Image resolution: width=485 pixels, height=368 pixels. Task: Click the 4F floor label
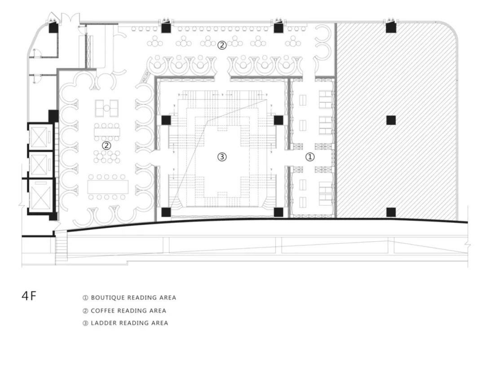tap(29, 296)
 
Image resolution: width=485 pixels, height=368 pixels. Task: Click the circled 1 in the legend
tap(85, 298)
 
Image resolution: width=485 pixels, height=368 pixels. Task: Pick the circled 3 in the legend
tap(85, 323)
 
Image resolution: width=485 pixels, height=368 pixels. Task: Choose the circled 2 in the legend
tap(85, 311)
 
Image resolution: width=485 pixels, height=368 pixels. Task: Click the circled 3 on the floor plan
tap(222, 157)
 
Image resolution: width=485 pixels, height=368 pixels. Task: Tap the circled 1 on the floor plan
tap(310, 157)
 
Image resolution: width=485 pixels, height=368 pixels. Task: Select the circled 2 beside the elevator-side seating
tap(106, 145)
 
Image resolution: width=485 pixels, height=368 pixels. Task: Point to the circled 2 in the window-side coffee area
tap(222, 45)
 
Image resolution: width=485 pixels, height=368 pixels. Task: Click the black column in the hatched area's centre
tap(391, 120)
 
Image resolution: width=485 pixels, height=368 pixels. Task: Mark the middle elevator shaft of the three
tap(39, 164)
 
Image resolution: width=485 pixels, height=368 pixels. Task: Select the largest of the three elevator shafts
tap(39, 195)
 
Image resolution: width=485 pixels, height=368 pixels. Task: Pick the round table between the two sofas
tap(107, 108)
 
